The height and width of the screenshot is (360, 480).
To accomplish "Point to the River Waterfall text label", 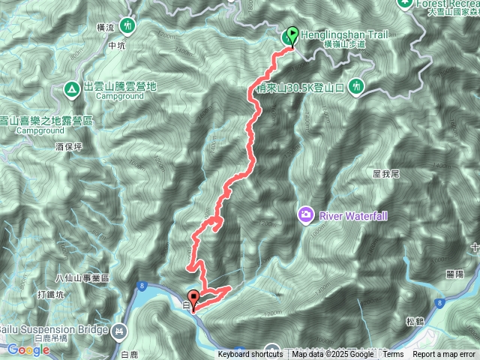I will (x=354, y=215).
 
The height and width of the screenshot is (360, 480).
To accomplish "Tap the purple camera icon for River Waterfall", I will (x=305, y=214).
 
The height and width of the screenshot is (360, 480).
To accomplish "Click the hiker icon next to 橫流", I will (x=127, y=25).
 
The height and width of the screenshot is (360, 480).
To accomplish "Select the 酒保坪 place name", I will (x=67, y=148).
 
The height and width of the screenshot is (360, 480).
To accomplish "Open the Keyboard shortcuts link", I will (x=250, y=355).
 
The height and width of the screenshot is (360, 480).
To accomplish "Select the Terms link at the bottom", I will (x=393, y=355).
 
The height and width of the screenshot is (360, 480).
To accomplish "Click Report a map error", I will (x=445, y=355).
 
